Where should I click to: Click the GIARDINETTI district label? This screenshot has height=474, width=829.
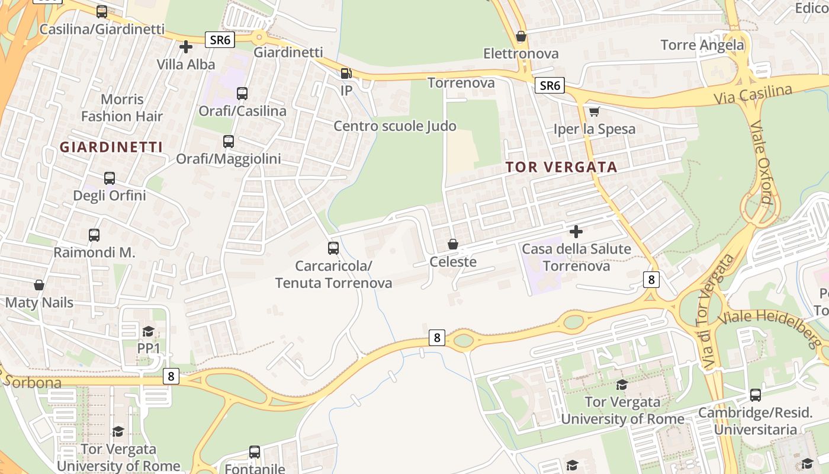[111, 147]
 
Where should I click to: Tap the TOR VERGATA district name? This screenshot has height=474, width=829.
[562, 167]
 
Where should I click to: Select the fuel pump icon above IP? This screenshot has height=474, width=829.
[346, 73]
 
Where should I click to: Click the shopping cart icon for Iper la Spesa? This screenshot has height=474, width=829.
[595, 111]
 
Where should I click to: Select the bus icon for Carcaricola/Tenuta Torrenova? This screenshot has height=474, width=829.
[333, 248]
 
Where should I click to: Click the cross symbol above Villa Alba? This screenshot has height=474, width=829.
[186, 47]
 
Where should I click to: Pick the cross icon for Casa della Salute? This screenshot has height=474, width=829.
[576, 231]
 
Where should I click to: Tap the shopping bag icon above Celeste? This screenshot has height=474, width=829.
[453, 244]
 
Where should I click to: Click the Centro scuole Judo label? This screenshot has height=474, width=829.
[395, 126]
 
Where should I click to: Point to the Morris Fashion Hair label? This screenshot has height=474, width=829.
[122, 108]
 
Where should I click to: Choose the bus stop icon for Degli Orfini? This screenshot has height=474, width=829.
[110, 178]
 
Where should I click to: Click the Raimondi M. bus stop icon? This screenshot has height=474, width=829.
[94, 235]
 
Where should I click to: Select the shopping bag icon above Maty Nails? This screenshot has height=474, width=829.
[39, 286]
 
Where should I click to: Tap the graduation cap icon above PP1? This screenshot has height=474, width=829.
[149, 331]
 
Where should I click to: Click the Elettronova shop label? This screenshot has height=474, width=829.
[521, 53]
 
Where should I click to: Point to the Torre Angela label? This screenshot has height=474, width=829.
[702, 45]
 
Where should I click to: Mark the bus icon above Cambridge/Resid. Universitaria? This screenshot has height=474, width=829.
[755, 395]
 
